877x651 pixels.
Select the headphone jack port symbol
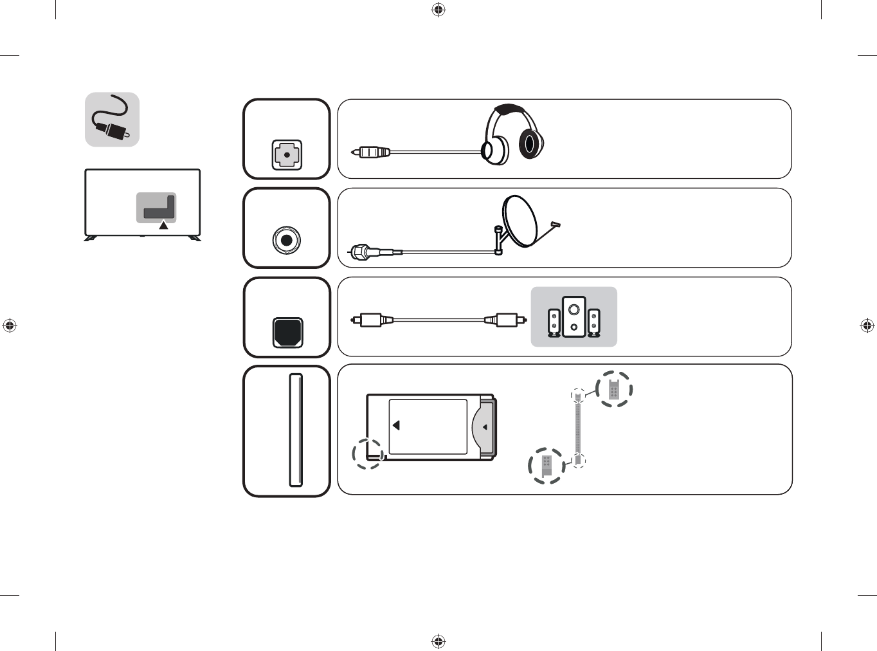(x=287, y=155)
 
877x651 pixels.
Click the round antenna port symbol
(x=287, y=240)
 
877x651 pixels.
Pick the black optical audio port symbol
(x=287, y=332)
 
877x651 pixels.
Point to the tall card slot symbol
(x=296, y=430)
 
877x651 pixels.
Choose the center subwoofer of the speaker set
(x=574, y=316)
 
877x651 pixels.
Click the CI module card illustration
(x=431, y=426)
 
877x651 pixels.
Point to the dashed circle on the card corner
(x=368, y=454)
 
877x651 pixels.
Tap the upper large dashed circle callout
(x=614, y=389)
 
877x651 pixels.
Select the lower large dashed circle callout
(x=547, y=466)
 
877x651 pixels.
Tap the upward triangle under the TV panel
(x=163, y=225)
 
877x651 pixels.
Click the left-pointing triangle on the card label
(x=396, y=425)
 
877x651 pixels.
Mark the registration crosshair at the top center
(x=438, y=10)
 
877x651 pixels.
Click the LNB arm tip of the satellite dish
(x=556, y=225)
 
